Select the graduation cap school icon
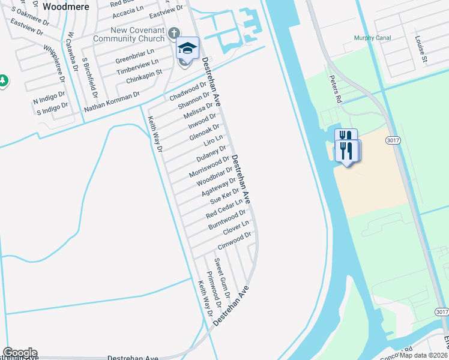click(x=187, y=48)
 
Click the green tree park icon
click(x=3, y=80)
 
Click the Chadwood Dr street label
click(x=188, y=91)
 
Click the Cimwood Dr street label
click(x=234, y=241)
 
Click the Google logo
click(x=19, y=353)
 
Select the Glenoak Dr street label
click(x=205, y=133)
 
